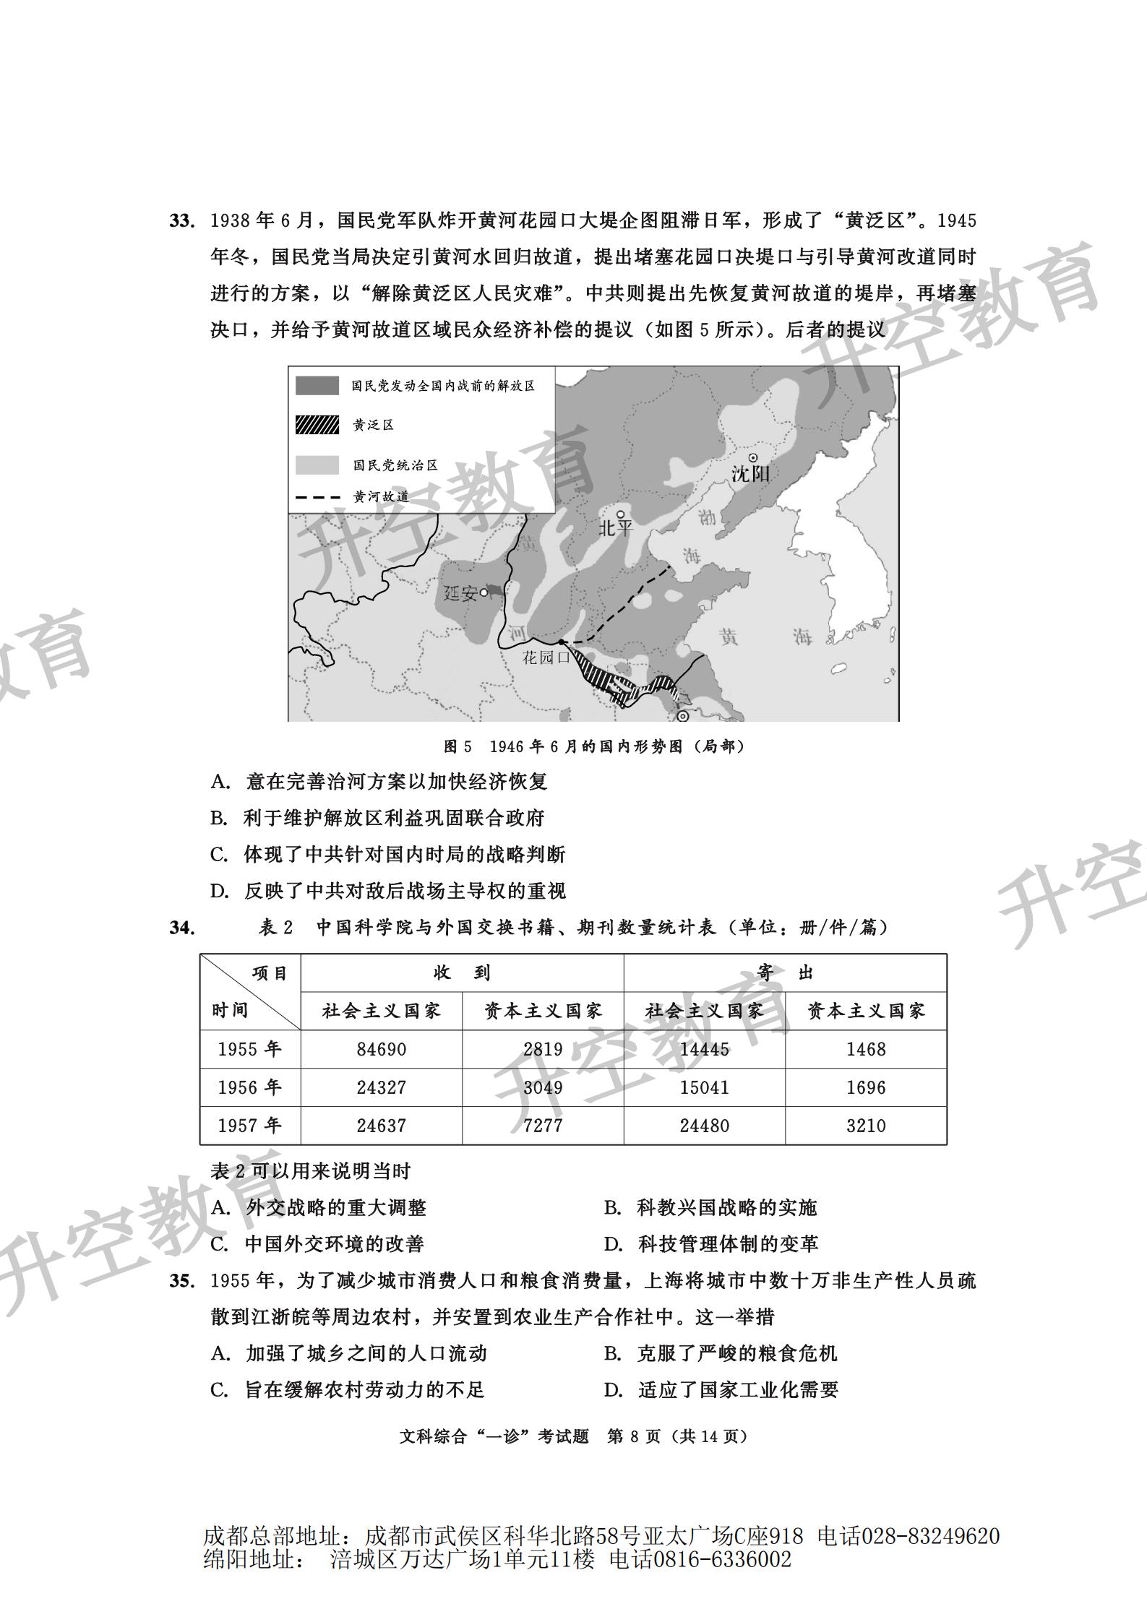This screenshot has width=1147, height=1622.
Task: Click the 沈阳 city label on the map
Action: (750, 474)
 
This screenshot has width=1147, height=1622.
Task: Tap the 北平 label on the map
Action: (615, 528)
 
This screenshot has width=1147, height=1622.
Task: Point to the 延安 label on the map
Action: (460, 594)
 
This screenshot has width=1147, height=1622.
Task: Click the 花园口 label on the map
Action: (546, 657)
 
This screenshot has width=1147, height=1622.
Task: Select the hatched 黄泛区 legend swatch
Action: (317, 425)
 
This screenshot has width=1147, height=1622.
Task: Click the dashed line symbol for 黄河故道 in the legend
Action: (317, 497)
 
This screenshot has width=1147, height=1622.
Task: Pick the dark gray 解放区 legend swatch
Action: (317, 386)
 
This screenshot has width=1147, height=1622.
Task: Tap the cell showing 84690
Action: (381, 1048)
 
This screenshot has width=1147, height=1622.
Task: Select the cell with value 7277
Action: (542, 1125)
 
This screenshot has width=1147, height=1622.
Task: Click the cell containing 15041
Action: (704, 1087)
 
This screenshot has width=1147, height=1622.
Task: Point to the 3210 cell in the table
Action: (865, 1125)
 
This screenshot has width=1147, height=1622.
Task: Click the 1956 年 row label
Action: (249, 1087)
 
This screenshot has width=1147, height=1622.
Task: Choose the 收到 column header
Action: (462, 972)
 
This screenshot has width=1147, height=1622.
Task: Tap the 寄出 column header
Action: (785, 972)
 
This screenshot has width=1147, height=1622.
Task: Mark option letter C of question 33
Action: (219, 855)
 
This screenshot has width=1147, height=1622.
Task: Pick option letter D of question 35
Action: (613, 1389)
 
